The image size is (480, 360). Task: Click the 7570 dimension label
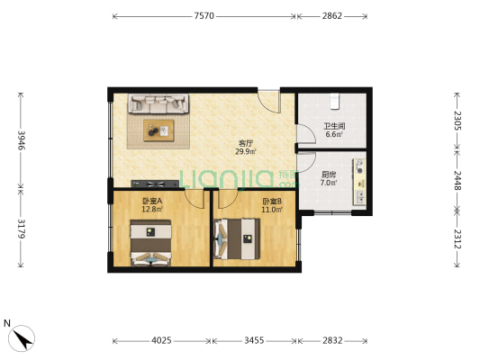point(204,16)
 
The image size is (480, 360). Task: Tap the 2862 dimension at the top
point(331,16)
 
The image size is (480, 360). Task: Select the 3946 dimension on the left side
point(21,140)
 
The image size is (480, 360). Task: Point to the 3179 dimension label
point(21,229)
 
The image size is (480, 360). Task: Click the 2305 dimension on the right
point(457,121)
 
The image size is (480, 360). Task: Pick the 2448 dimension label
point(457,181)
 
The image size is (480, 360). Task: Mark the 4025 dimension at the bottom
point(161,340)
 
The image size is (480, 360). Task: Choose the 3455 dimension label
point(254,340)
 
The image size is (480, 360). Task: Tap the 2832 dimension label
point(332,340)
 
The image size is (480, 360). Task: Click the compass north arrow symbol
point(22,338)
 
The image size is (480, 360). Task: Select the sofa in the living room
point(158,103)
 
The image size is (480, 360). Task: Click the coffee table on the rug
point(158,130)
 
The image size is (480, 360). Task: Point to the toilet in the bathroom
point(334,101)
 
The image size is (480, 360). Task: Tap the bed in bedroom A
point(150,242)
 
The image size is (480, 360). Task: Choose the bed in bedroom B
point(237,238)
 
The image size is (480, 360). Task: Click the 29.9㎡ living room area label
point(246,151)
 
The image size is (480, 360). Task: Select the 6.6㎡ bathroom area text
point(334,134)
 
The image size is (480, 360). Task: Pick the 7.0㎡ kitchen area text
point(329,183)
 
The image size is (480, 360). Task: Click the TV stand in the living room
point(155,184)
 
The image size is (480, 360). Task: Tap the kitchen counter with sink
point(359,182)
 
